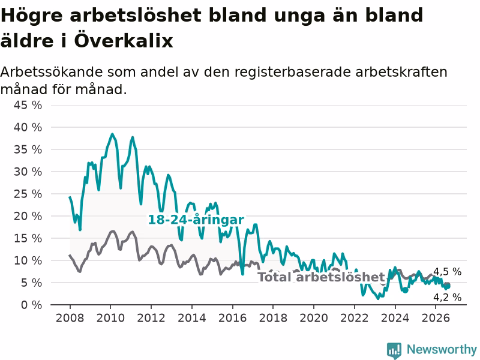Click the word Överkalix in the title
click(124, 41)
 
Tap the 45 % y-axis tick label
click(28, 106)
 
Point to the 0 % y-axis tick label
click(32, 305)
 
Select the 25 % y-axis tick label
click(28, 194)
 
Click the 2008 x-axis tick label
click(70, 318)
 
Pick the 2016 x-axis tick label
click(232, 318)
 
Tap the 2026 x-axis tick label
click(436, 318)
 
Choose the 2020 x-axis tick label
click(314, 318)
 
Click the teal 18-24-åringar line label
click(196, 220)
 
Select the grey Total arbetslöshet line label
click(321, 277)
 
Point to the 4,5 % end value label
click(447, 272)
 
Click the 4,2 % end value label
click(447, 297)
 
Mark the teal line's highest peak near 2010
click(112, 134)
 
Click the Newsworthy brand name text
click(442, 349)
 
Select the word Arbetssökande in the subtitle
click(52, 72)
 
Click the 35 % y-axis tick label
click(28, 149)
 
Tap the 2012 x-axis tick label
click(151, 318)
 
